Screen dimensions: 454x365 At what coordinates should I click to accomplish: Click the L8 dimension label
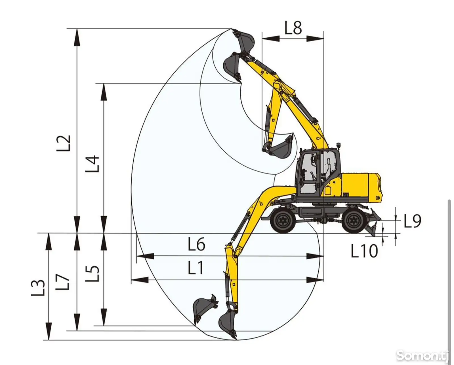(293, 27)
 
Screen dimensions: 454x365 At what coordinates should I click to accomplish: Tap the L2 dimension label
(63, 143)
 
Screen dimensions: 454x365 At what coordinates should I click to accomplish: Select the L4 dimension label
(92, 164)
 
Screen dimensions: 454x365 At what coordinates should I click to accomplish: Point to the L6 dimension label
(196, 244)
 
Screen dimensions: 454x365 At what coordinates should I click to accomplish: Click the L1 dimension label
(196, 268)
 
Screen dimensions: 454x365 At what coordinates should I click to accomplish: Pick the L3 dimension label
(38, 288)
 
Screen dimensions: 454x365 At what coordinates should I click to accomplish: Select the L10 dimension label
(364, 251)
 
